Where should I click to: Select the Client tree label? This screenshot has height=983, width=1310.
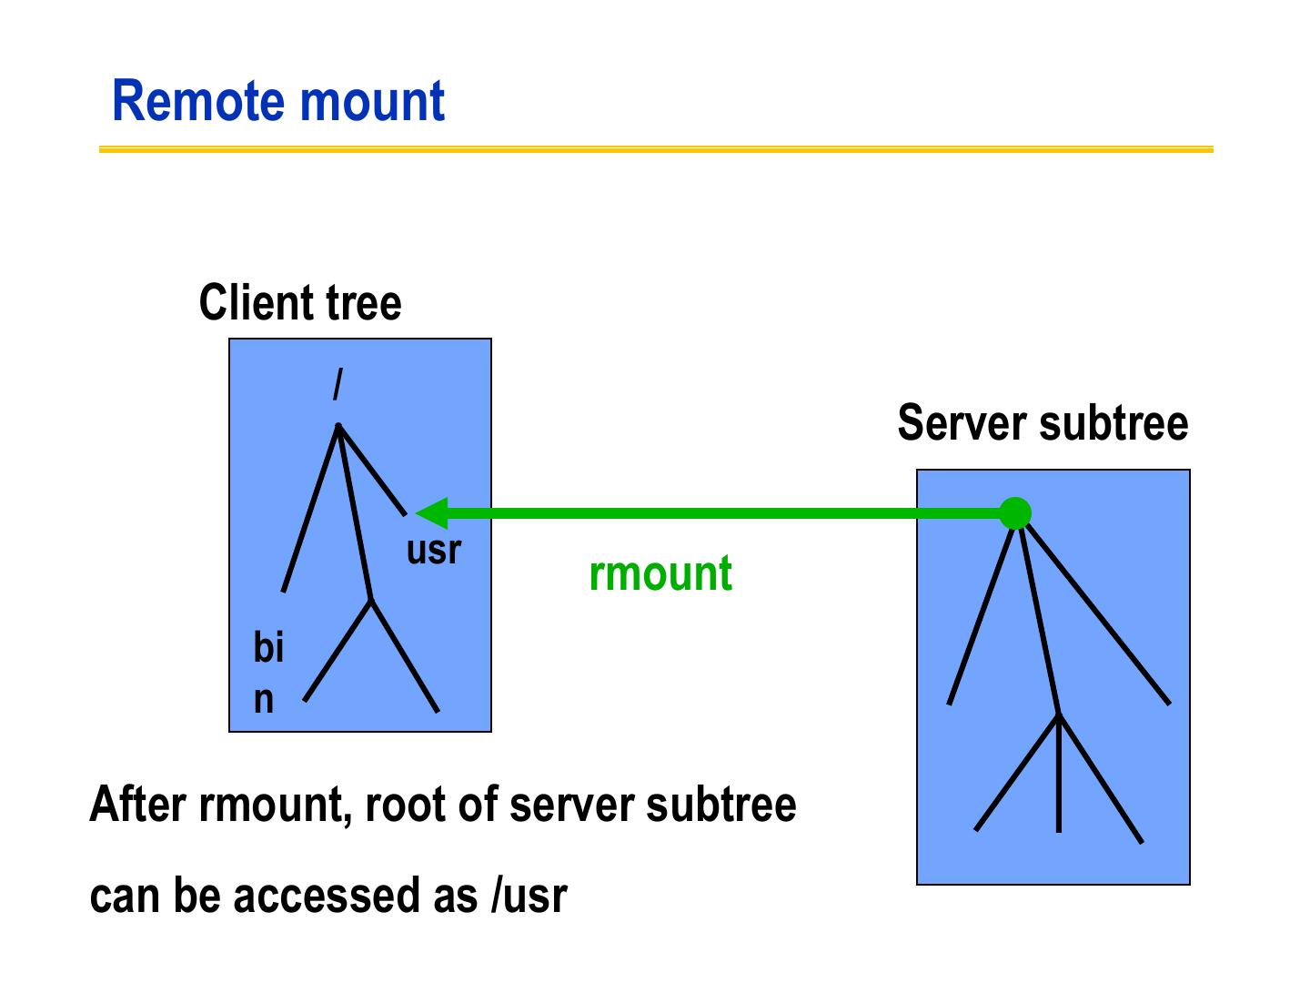299,303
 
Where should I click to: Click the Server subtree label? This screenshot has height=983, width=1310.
1043,423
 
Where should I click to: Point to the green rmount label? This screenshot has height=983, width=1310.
660,573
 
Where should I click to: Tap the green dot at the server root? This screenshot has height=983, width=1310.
1014,513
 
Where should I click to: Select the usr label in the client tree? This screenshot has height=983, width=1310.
434,550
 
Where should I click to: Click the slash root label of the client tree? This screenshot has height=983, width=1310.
338,385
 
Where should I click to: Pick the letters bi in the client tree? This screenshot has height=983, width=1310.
268,648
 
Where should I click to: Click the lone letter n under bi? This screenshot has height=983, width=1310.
263,699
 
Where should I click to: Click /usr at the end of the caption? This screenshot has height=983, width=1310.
529,896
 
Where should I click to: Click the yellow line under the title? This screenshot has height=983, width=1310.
655,149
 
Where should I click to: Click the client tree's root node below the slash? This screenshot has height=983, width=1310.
338,426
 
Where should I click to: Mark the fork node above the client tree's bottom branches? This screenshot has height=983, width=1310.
370,601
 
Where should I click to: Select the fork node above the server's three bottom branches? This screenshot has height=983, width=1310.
1059,715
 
